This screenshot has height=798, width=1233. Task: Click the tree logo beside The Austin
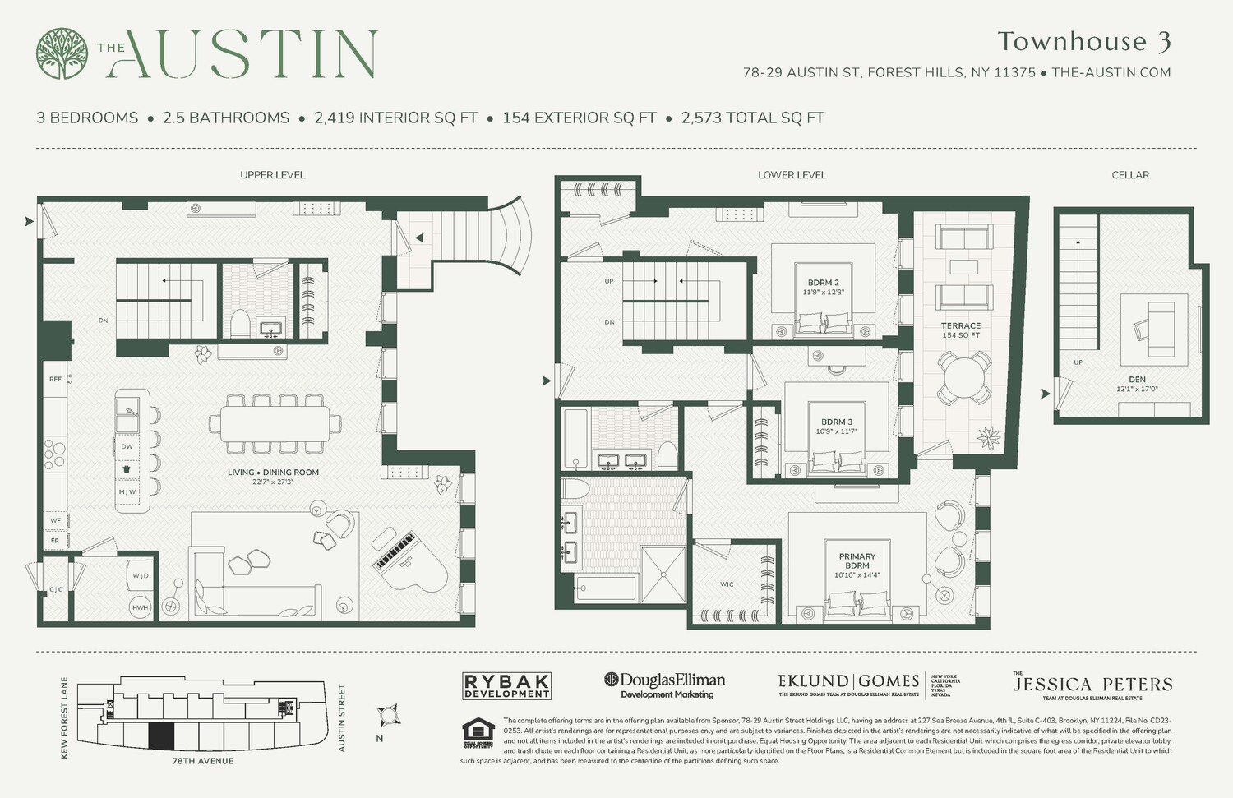62,54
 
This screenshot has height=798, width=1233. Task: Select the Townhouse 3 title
1083,41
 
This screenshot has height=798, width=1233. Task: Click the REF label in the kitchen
55,379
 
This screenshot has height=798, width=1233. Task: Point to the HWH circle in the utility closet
140,607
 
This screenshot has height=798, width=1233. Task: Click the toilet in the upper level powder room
239,324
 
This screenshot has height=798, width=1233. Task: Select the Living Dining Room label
273,473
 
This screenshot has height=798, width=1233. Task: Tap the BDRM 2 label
824,283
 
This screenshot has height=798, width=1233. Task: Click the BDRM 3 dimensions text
837,431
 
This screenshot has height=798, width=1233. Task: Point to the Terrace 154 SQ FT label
960,330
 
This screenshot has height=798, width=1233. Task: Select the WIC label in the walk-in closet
727,584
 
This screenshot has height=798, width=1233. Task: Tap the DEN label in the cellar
1137,380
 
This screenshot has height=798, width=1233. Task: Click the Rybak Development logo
506,686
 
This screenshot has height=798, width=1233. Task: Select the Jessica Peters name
1092,684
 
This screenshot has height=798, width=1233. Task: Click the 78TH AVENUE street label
202,761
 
